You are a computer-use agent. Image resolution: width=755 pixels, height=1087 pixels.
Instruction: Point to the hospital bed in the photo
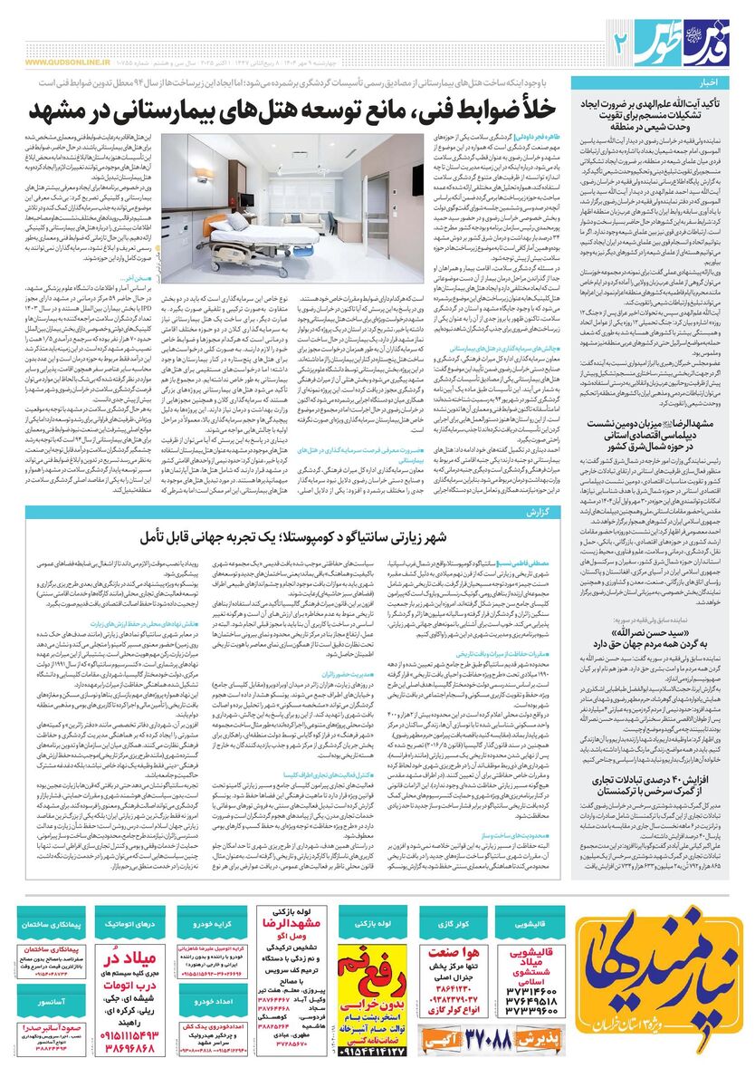(272, 226)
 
